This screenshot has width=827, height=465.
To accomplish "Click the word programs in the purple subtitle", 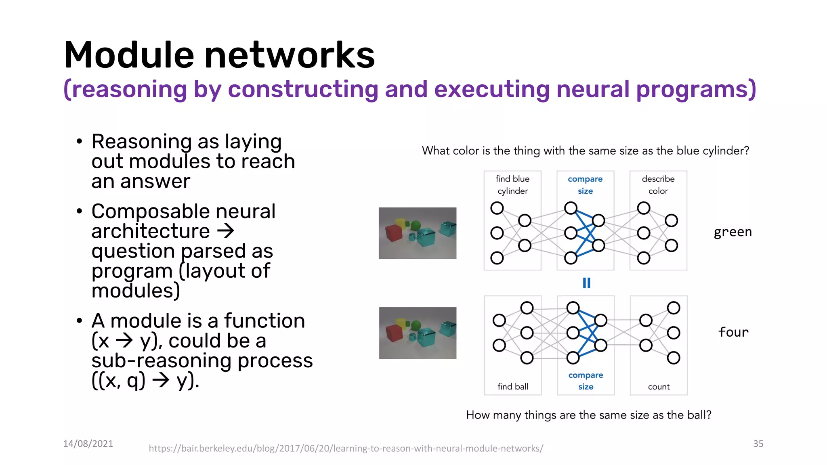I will pyautogui.click(x=695, y=90).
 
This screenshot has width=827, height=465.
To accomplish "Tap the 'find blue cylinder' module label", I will pyautogui.click(x=512, y=185).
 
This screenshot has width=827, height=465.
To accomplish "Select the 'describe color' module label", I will pyautogui.click(x=658, y=185).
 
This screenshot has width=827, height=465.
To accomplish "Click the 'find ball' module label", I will pyautogui.click(x=513, y=387).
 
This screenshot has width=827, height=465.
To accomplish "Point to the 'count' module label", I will pyautogui.click(x=659, y=387).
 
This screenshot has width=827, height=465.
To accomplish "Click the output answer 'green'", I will pyautogui.click(x=733, y=232).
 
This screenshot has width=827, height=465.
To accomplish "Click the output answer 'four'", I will pyautogui.click(x=733, y=332).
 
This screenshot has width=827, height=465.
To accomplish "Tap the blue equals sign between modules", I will pyautogui.click(x=586, y=283).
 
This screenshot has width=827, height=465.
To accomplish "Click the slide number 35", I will pyautogui.click(x=758, y=444).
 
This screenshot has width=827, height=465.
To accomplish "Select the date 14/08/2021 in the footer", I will pyautogui.click(x=88, y=444).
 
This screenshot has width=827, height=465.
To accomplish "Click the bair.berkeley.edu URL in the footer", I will pyautogui.click(x=346, y=448).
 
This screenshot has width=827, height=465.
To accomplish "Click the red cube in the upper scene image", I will pyautogui.click(x=393, y=233).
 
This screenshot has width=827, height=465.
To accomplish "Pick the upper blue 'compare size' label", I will pyautogui.click(x=585, y=185).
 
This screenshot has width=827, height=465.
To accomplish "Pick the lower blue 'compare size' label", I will pyautogui.click(x=586, y=381).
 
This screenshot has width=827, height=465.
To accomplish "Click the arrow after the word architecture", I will pyautogui.click(x=226, y=231).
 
